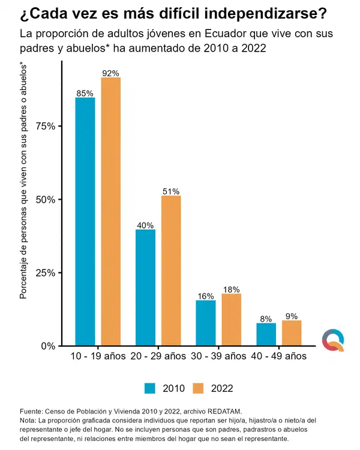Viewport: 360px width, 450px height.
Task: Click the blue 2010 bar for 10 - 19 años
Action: tap(85, 221)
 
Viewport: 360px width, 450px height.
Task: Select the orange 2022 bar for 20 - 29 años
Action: tap(171, 271)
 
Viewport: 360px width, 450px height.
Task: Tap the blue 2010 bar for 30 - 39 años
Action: tap(206, 323)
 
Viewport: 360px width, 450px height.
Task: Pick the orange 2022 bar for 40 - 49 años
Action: tap(292, 333)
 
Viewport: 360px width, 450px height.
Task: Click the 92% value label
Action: tap(110, 73)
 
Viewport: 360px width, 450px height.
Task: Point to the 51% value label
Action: tap(171, 191)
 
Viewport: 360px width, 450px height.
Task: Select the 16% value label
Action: tap(206, 296)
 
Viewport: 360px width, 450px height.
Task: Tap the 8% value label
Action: tap(266, 319)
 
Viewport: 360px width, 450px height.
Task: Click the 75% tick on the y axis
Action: tap(46, 126)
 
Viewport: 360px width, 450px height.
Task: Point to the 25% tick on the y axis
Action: tap(46, 272)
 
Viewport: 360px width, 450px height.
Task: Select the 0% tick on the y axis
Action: tap(48, 346)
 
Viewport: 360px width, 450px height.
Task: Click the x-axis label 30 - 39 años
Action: tap(218, 356)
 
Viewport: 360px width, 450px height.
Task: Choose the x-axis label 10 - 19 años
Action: tap(98, 356)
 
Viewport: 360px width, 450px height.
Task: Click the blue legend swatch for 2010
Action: tap(150, 388)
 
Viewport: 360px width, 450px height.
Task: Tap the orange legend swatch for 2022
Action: tap(198, 388)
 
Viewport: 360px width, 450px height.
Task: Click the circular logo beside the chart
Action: tap(333, 340)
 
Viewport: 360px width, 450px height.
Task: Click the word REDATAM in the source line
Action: tap(224, 412)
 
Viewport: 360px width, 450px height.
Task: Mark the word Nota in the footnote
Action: tap(27, 421)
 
